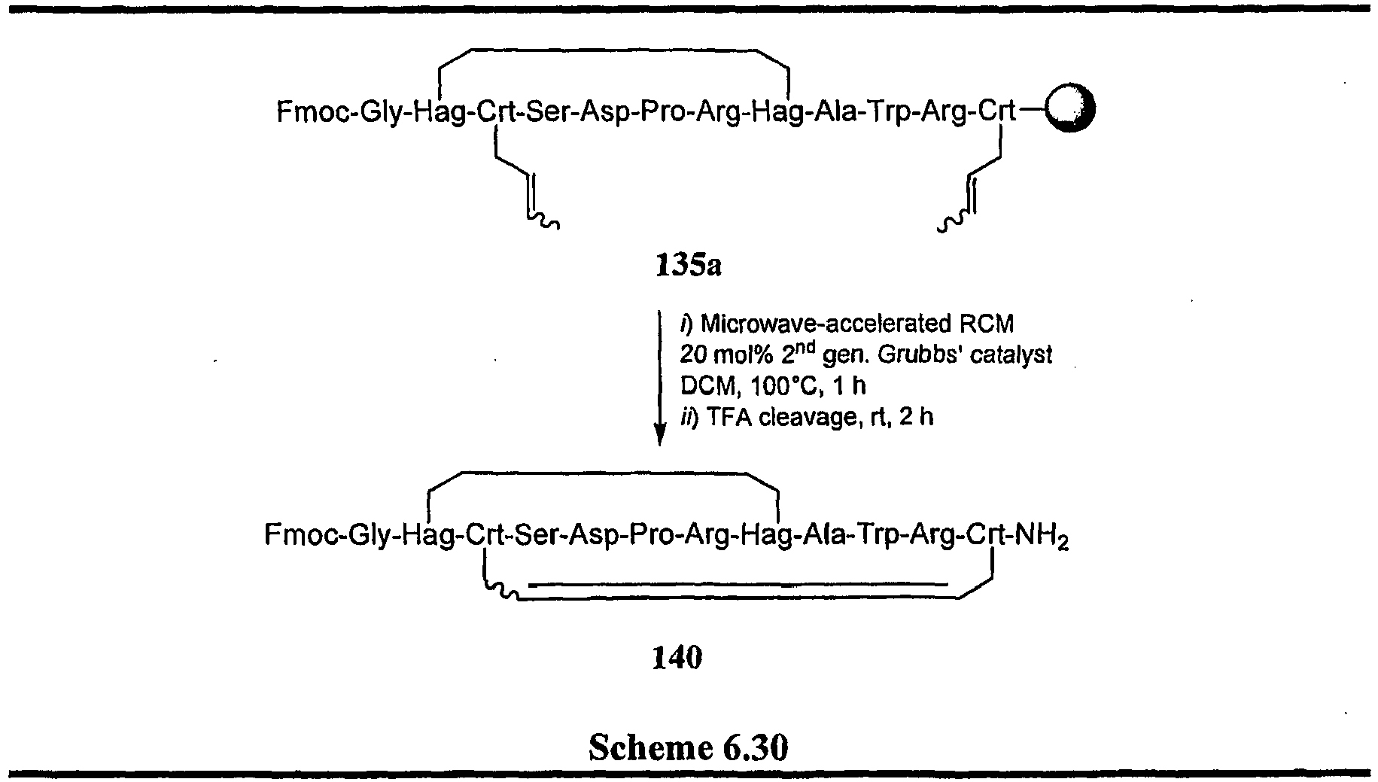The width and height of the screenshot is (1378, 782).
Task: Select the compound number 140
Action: pyautogui.click(x=677, y=657)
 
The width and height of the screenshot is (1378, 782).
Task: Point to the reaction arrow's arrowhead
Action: pyautogui.click(x=659, y=435)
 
